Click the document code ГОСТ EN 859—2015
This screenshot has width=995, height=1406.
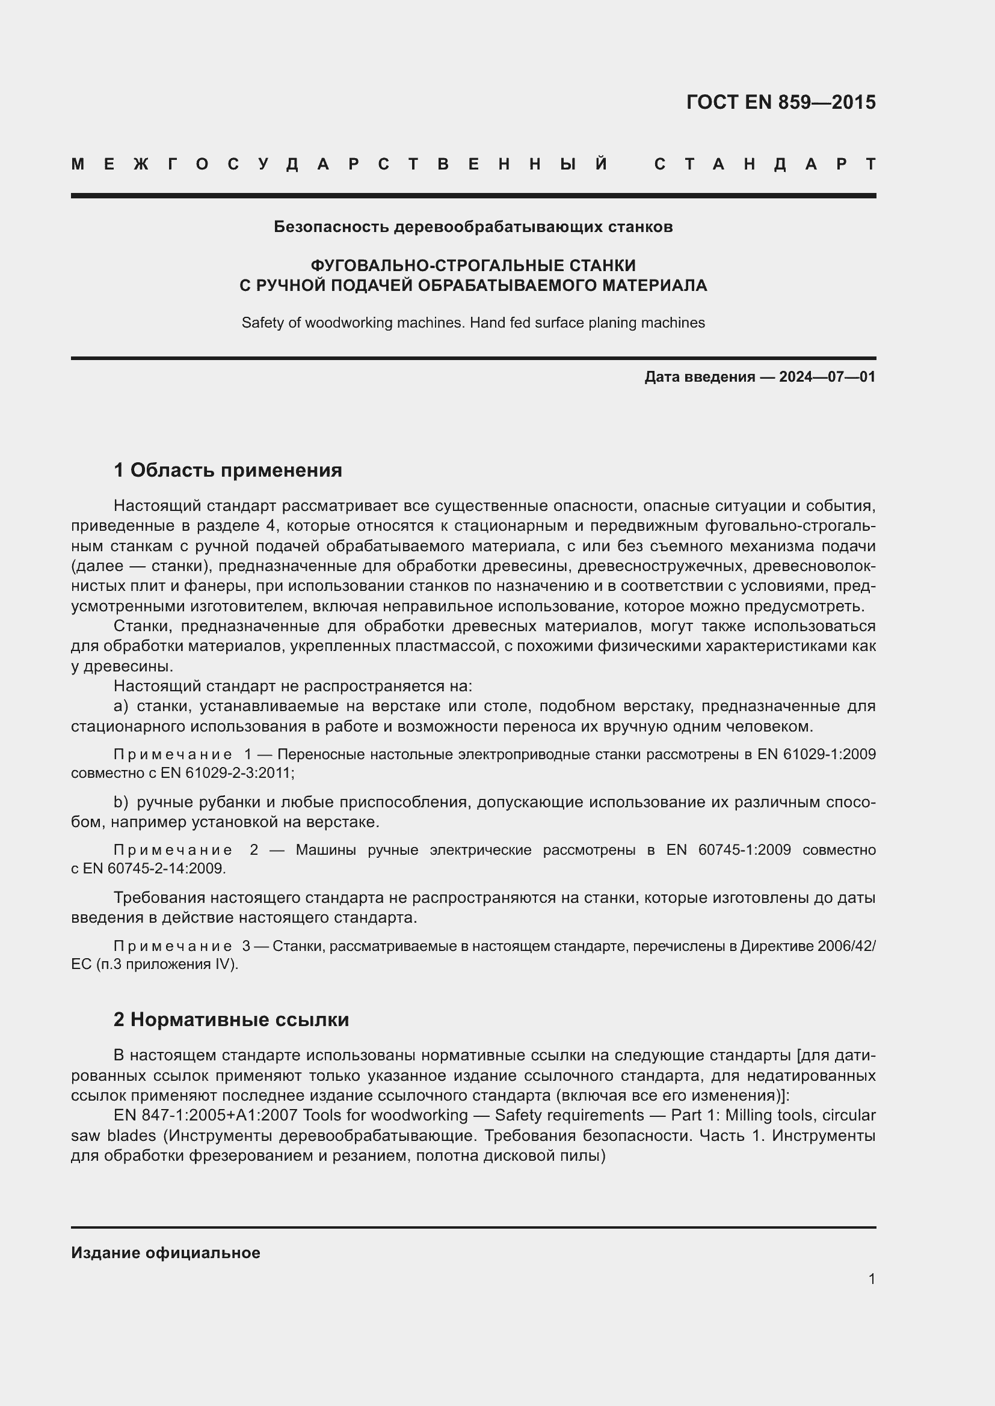click(x=781, y=102)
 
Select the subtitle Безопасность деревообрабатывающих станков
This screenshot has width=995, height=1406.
click(x=473, y=227)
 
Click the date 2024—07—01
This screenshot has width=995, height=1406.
click(x=827, y=377)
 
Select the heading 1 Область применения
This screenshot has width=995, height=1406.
click(x=227, y=470)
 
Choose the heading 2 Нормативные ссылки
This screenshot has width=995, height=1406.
click(x=231, y=1019)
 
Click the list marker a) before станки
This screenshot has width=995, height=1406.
click(x=121, y=707)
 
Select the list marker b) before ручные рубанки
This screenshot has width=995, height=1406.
click(x=121, y=802)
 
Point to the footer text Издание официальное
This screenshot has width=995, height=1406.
click(x=165, y=1253)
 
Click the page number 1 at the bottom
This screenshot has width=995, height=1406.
click(x=871, y=1279)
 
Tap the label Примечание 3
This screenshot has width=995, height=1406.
click(x=181, y=947)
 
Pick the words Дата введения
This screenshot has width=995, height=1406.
click(x=699, y=377)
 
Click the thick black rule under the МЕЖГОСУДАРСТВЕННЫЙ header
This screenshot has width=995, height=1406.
click(x=473, y=196)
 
